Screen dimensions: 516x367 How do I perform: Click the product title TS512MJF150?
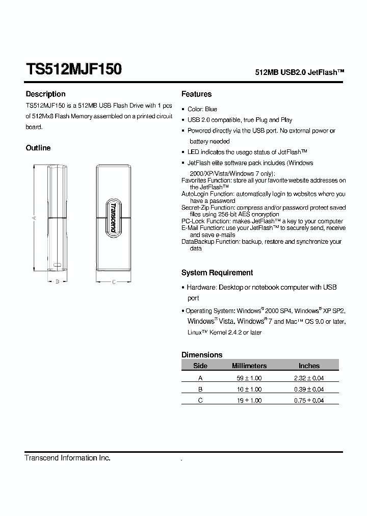coord(73,69)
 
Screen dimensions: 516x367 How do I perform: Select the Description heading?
coord(45,94)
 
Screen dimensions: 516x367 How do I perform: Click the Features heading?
coord(196,94)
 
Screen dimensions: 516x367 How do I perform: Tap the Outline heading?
coord(38,148)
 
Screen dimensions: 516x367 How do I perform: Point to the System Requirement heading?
coord(217,273)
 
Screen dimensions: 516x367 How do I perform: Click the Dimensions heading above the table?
coord(202,355)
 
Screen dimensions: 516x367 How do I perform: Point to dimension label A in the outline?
coord(33,218)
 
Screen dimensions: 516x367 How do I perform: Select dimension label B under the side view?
coord(57,281)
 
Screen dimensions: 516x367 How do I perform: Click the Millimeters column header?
coord(249,366)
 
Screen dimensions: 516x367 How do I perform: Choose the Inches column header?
coord(309,366)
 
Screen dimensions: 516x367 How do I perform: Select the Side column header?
coord(200,366)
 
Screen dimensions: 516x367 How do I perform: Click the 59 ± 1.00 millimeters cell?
coord(249,378)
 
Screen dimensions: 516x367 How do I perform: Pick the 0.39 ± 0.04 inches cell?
coord(309,389)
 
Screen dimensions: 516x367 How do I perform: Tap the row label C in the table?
coord(200,401)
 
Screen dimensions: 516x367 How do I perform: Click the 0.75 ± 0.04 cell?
coord(309,401)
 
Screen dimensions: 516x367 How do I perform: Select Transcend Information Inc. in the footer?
coord(68,458)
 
